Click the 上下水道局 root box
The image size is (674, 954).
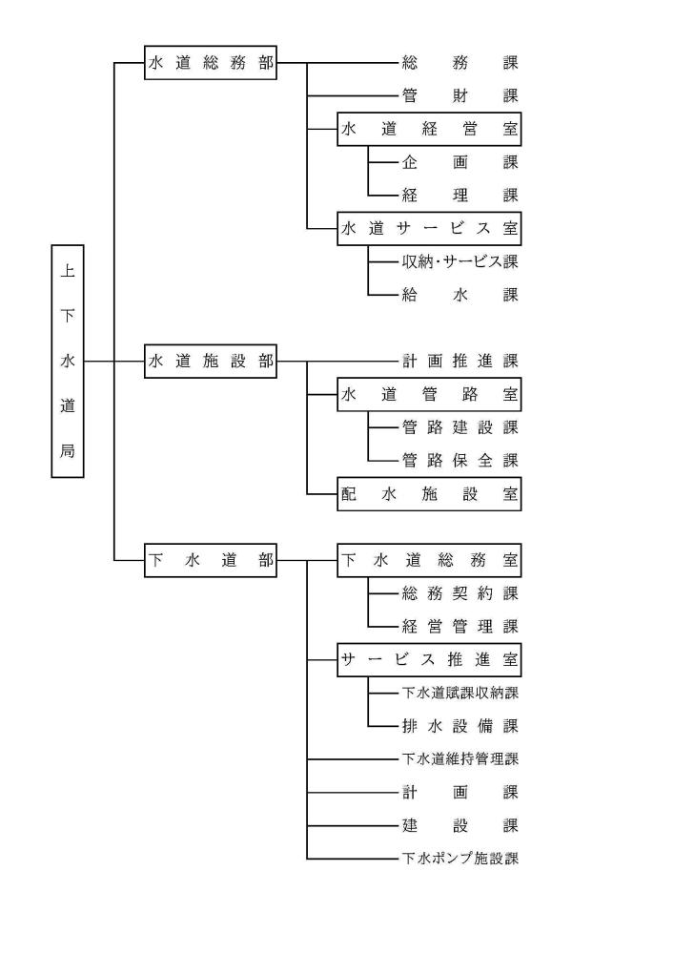click(x=67, y=361)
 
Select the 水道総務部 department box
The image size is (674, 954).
click(x=211, y=63)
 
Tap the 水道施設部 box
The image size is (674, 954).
click(x=211, y=362)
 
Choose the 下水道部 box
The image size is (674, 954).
click(x=211, y=560)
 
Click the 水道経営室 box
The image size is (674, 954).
click(x=430, y=130)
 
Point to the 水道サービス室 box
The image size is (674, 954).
click(x=430, y=229)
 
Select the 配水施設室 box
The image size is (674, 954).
click(x=430, y=494)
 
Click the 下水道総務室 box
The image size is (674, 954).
click(x=430, y=560)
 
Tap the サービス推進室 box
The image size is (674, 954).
click(x=430, y=659)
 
